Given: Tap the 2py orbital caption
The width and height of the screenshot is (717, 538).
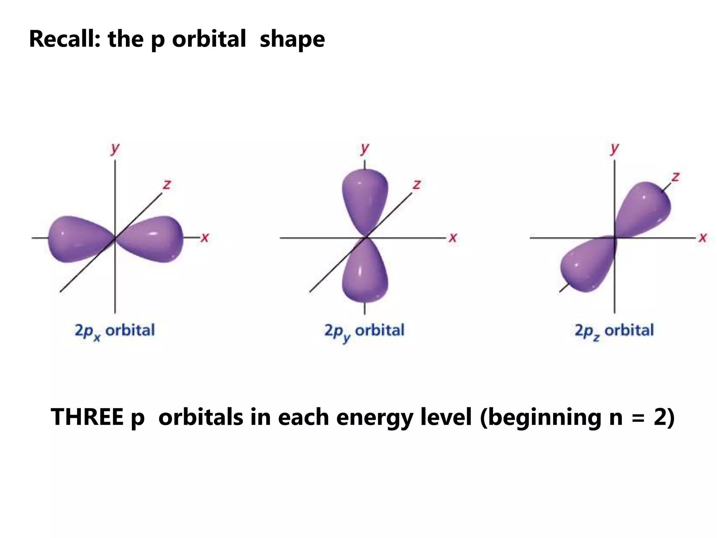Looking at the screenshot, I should coord(364,331).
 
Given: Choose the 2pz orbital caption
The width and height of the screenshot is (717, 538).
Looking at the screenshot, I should coord(614,331).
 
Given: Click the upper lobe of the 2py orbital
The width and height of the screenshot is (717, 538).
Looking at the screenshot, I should coord(365,198).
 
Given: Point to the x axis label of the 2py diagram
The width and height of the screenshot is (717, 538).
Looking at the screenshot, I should coord(453,238).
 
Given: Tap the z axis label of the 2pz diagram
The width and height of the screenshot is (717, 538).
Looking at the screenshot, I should coord(675,177).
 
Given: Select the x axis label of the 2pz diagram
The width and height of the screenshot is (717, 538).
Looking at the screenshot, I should coord(703,238).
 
